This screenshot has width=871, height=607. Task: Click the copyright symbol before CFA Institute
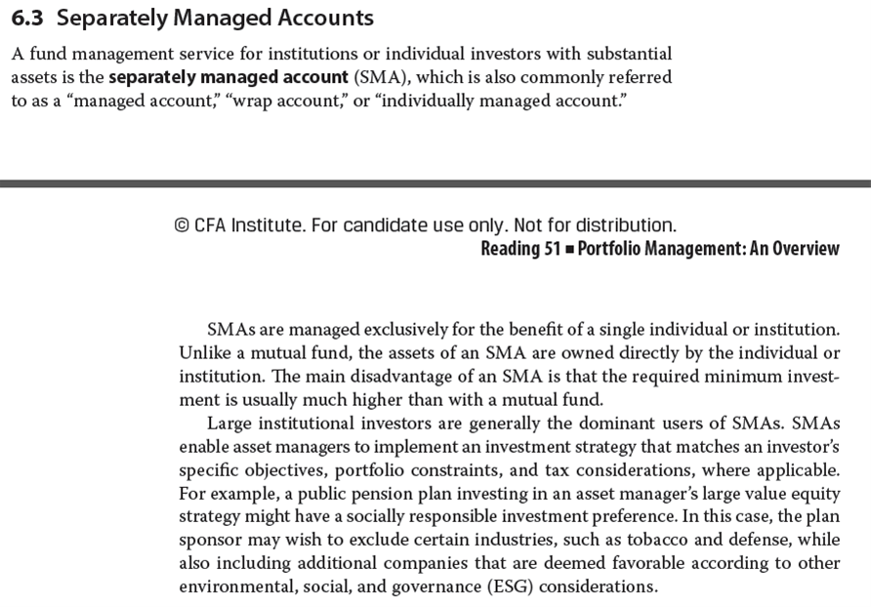[x=181, y=225]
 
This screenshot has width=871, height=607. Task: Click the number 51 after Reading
[x=551, y=249]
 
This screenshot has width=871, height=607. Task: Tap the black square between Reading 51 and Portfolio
[x=569, y=249]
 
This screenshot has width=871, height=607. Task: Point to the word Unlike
[x=203, y=351]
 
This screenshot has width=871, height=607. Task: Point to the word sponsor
[x=209, y=541]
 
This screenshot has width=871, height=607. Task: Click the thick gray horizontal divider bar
[x=435, y=182]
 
